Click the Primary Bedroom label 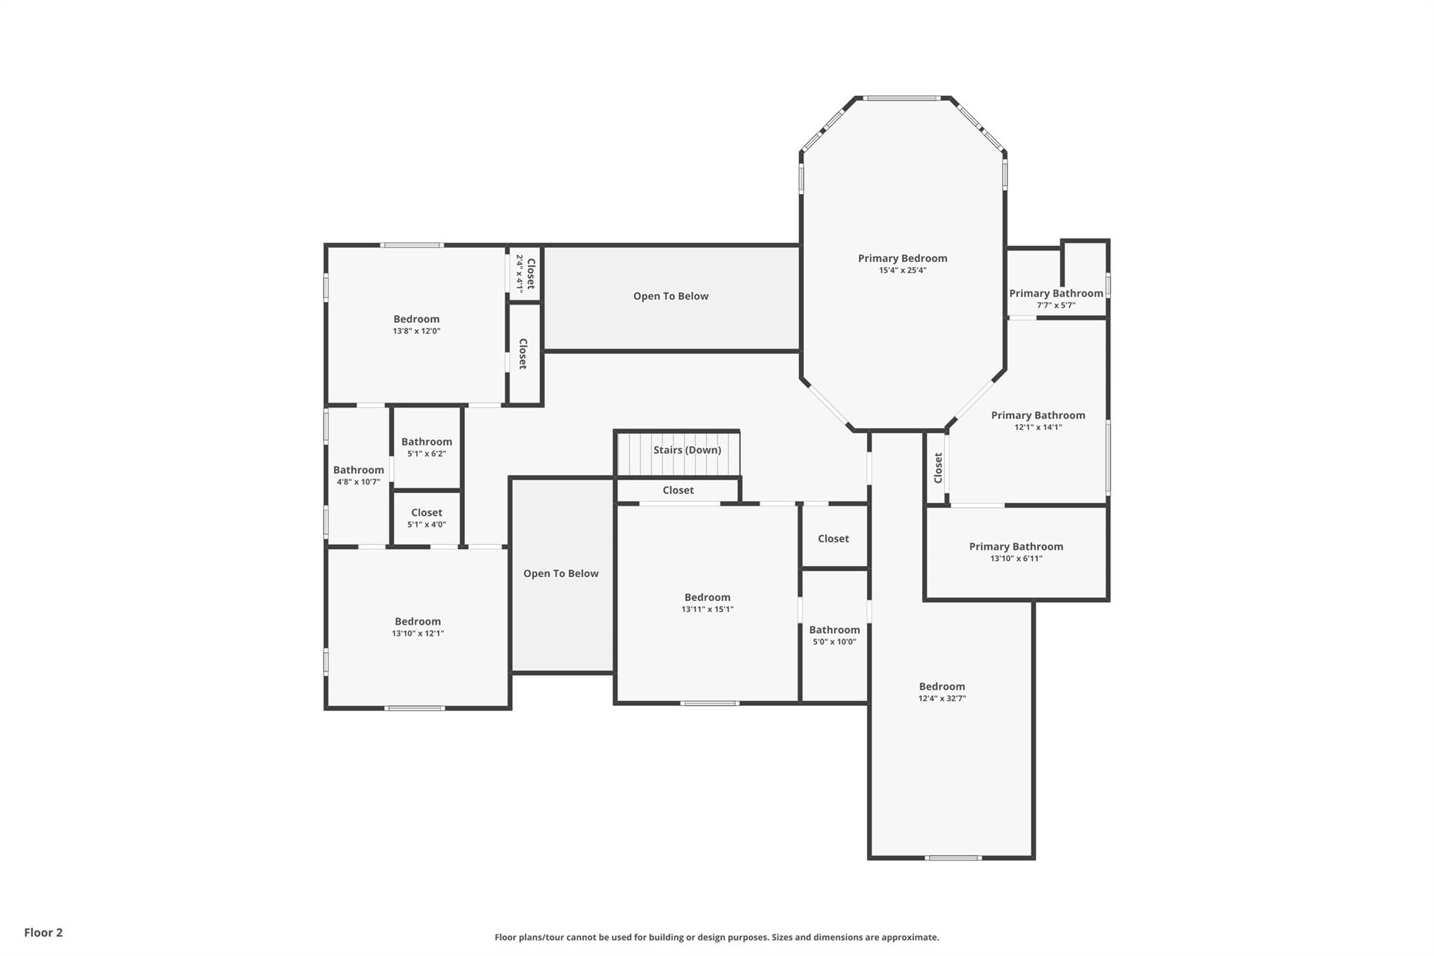click(902, 258)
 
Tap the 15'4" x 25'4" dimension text click(902, 270)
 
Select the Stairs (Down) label click(687, 450)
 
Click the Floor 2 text click(43, 932)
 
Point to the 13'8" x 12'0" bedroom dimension click(416, 331)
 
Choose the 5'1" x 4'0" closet click(426, 519)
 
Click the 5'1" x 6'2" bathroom click(426, 448)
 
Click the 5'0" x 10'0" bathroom click(834, 635)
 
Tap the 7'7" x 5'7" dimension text click(1055, 305)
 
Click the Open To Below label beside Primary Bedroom click(671, 296)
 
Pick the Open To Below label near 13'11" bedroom click(561, 574)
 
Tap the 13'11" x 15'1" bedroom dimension click(707, 609)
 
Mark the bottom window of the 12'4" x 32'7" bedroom click(952, 857)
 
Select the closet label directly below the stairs click(678, 490)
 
